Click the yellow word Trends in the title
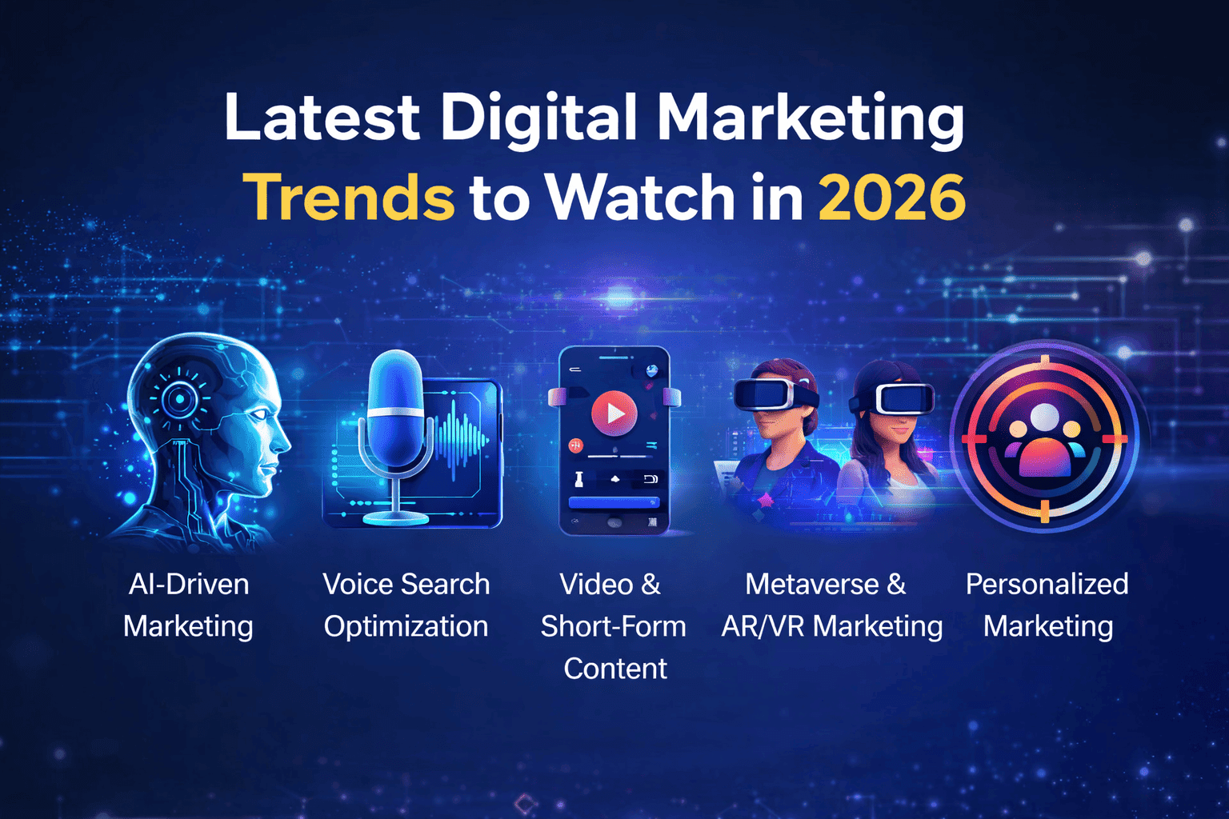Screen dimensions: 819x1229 pos(349,197)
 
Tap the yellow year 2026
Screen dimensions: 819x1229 pos(891,197)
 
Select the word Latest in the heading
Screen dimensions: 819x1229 pos(322,117)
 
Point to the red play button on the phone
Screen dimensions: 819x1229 pos(614,413)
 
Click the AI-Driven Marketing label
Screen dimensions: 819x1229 pos(189,605)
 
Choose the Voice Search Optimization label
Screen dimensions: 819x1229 pos(406,605)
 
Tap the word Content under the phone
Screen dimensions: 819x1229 pos(614,669)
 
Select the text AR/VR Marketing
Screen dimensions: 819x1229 pos(831,626)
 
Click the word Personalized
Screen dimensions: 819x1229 pos(1047,585)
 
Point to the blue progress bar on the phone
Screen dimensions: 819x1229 pos(614,502)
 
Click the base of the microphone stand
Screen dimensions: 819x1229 pos(395,517)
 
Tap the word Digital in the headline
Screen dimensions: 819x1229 pos(538,117)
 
